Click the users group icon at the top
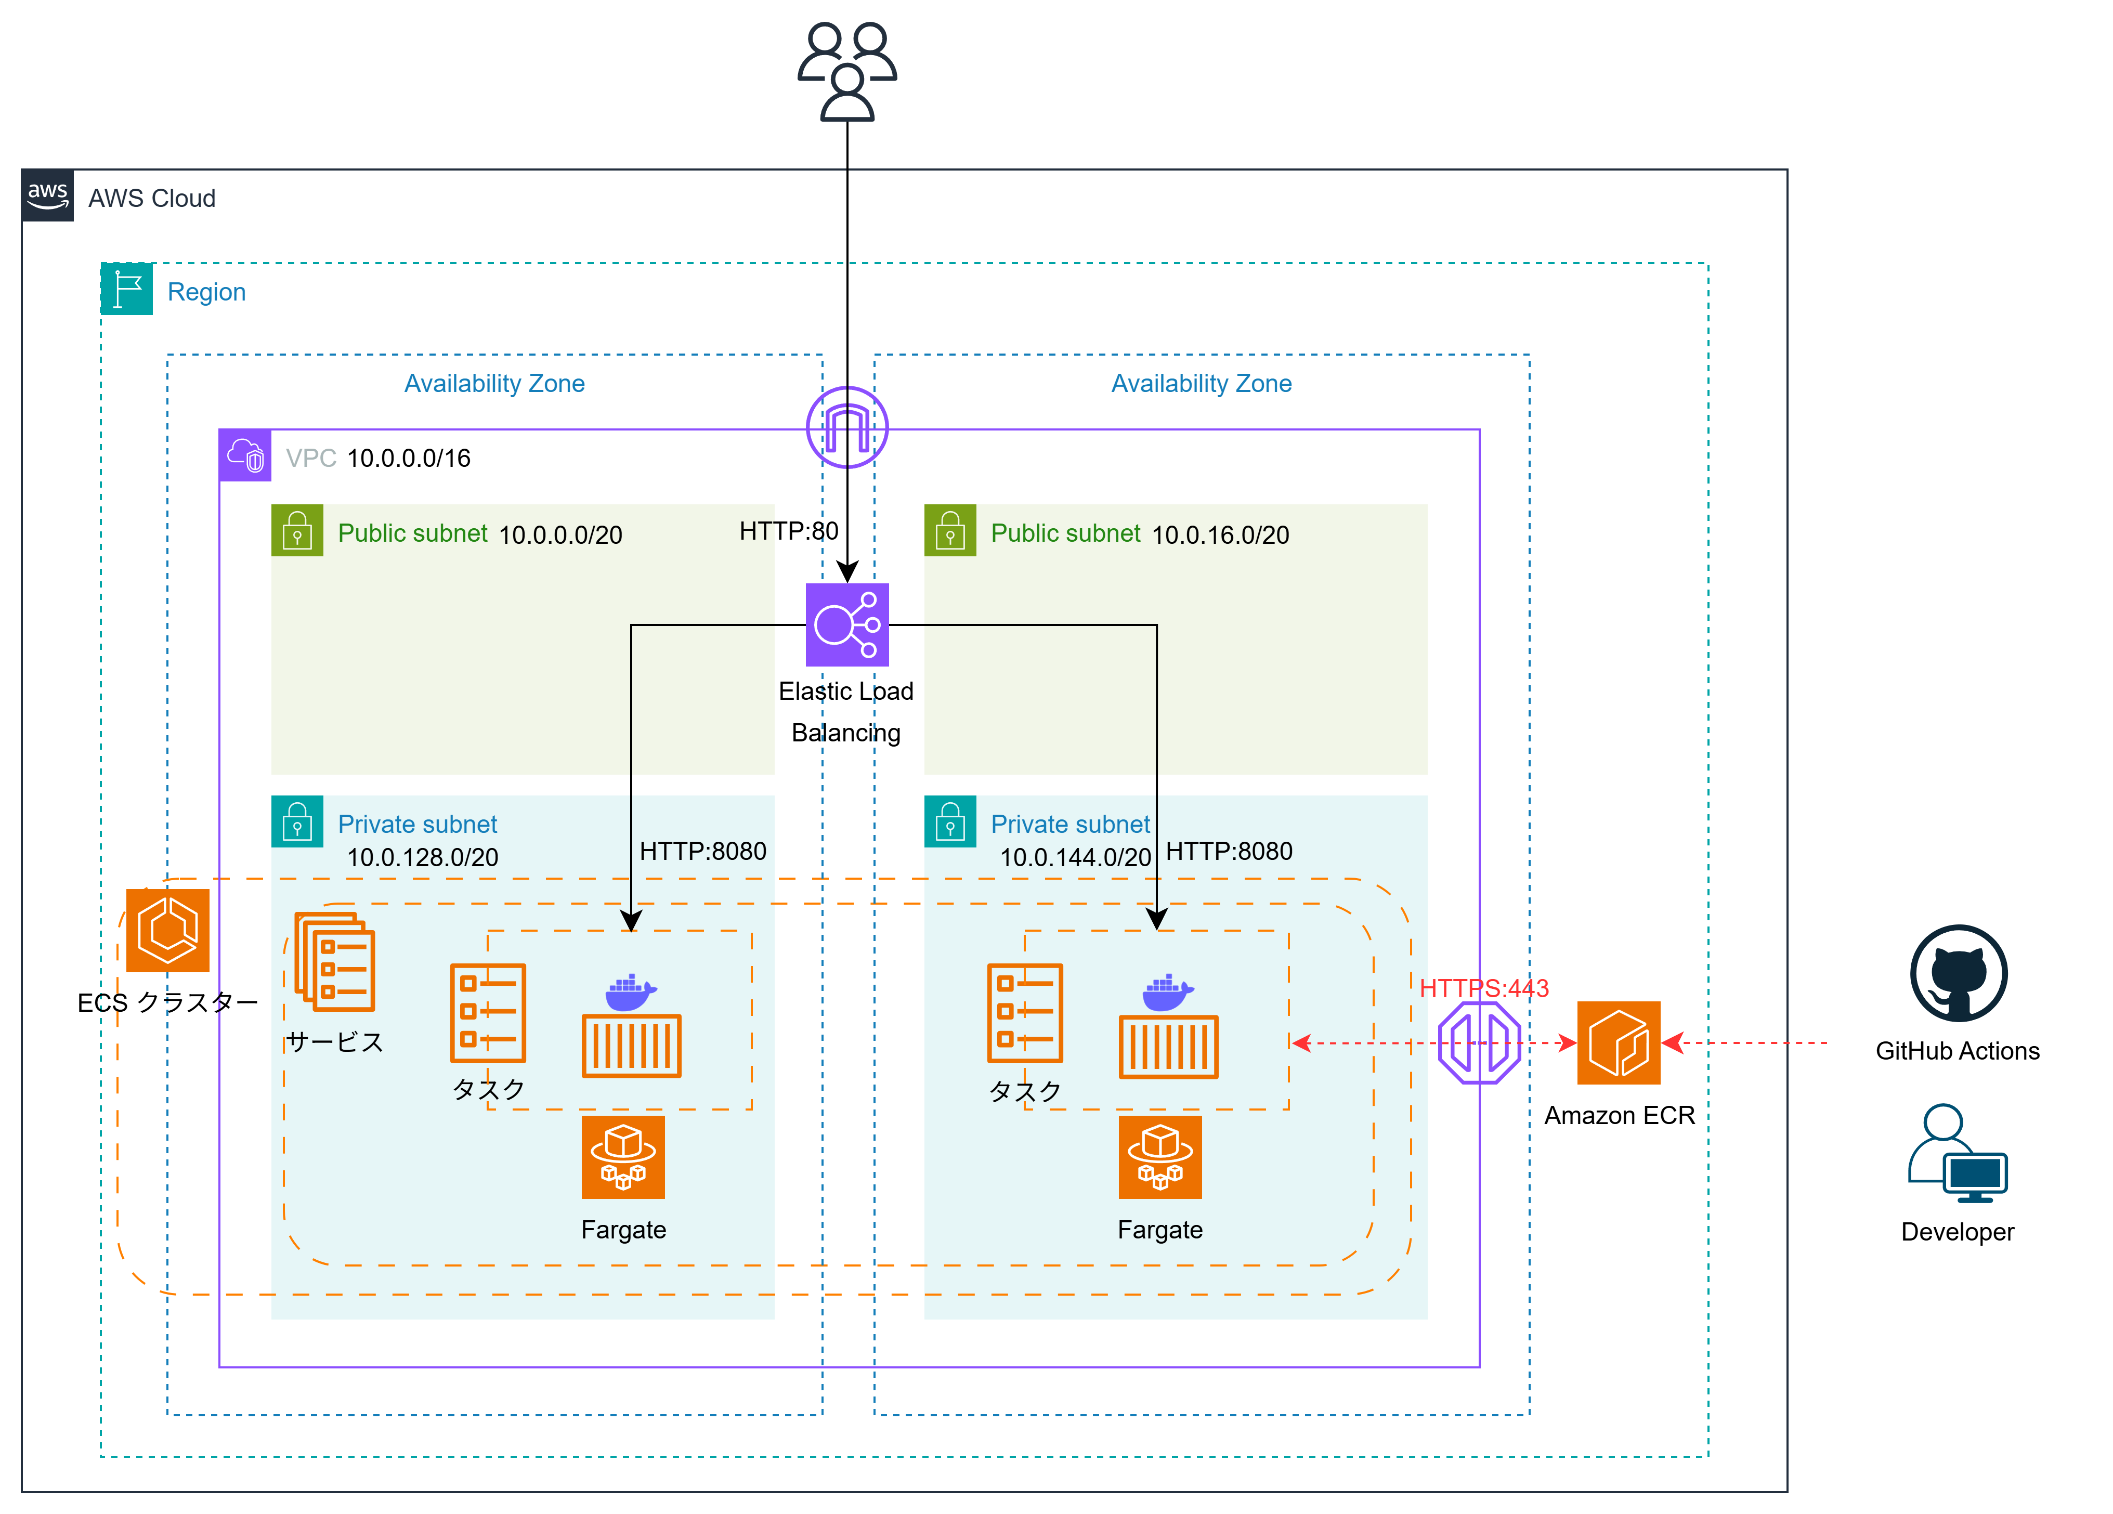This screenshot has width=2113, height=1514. pyautogui.click(x=847, y=72)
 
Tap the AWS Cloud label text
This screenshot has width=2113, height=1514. pyautogui.click(x=152, y=199)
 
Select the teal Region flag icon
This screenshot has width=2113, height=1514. pyautogui.click(x=127, y=289)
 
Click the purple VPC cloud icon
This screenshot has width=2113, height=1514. pyautogui.click(x=245, y=455)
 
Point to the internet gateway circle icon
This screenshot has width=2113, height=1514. pyautogui.click(x=847, y=427)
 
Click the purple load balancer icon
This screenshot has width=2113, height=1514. pyautogui.click(x=847, y=624)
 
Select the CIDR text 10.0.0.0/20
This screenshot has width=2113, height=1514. pyautogui.click(x=560, y=535)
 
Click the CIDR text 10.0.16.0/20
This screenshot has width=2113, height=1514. pyautogui.click(x=1220, y=535)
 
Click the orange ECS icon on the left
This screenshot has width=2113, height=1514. pyautogui.click(x=168, y=930)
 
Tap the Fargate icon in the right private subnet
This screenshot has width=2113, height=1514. pyautogui.click(x=1160, y=1157)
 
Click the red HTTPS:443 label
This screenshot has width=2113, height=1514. pyautogui.click(x=1484, y=988)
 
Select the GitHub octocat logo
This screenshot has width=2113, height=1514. pyautogui.click(x=1959, y=973)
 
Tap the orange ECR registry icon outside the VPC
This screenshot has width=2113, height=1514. pyautogui.click(x=1619, y=1042)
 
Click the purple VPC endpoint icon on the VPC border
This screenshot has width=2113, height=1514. pyautogui.click(x=1480, y=1042)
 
